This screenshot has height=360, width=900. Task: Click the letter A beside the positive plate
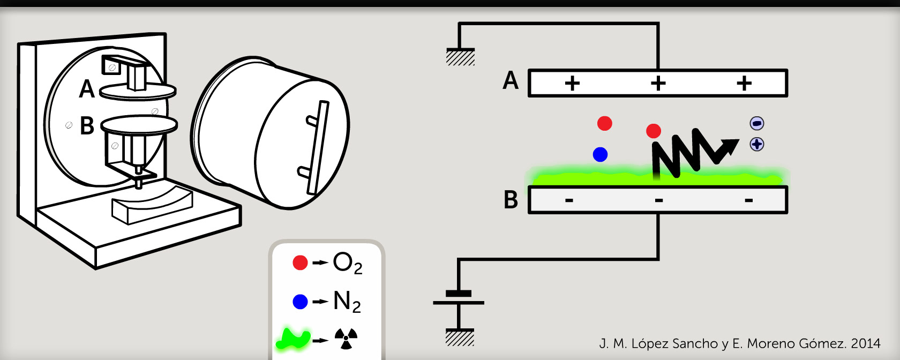pos(511,81)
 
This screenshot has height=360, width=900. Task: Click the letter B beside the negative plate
pos(511,200)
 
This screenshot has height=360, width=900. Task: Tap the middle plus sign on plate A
pos(658,83)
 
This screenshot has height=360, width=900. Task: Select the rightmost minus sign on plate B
pos(748,201)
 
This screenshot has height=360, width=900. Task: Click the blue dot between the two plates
pos(600,155)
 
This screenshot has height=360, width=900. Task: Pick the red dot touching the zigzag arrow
pos(654,131)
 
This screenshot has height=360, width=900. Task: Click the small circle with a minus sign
pos(757,123)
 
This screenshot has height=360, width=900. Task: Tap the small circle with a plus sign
pos(757,144)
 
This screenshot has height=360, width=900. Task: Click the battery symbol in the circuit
pos(459,298)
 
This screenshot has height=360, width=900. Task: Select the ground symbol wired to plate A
pos(460,57)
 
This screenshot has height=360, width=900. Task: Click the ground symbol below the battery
pos(460,337)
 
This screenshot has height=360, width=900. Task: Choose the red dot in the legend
pos(300,262)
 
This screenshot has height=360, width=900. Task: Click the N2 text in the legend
pos(347,302)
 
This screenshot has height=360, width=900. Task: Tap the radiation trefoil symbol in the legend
pos(346,339)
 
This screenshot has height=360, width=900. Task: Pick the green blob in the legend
pos(293,339)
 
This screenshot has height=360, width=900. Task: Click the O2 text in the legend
pos(347,263)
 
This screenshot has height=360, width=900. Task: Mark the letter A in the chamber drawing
pos(87,89)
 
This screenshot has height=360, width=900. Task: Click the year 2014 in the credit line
pos(866,343)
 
